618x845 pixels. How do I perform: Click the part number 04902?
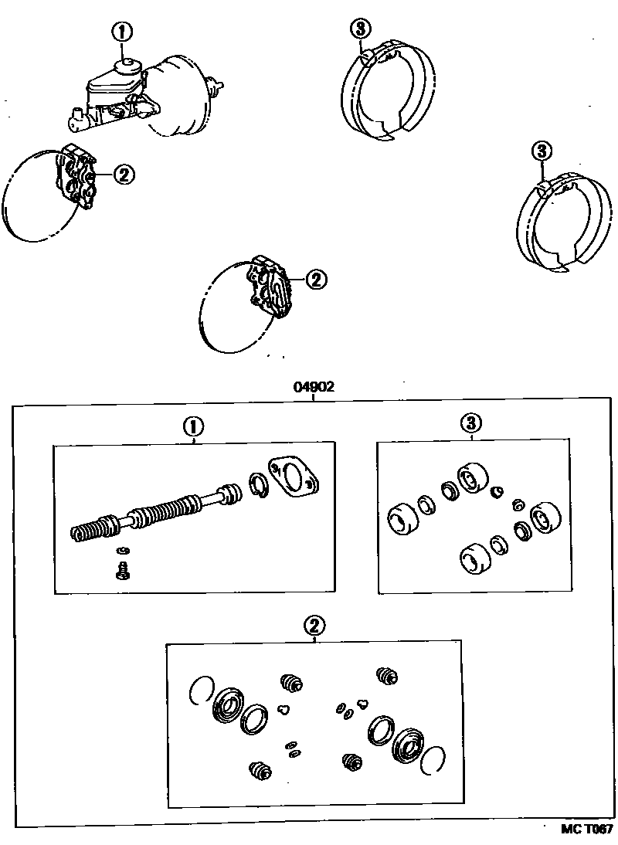coord(313,388)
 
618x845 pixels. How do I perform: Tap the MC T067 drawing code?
coord(586,829)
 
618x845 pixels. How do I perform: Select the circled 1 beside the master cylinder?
coord(123,32)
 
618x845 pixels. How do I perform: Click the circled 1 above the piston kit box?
coord(193,426)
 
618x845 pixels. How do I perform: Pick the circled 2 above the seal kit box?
coord(314,624)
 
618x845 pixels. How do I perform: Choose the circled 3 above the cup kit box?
coord(471,422)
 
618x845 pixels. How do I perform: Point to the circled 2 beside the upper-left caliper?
coord(124,175)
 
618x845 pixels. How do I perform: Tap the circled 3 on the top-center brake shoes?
coord(359,29)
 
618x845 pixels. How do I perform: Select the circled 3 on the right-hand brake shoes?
coord(542,150)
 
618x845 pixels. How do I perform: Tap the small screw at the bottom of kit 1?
coord(121,571)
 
